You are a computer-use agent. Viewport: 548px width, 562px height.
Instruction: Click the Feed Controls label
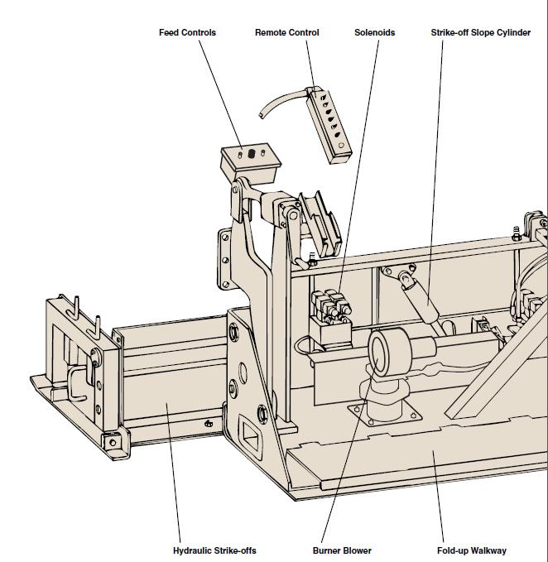tap(187, 33)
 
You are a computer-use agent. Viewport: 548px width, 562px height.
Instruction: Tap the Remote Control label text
tap(286, 33)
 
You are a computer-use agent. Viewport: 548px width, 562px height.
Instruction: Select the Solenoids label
tap(374, 33)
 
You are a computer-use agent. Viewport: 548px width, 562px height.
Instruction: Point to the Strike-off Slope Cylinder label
tap(480, 33)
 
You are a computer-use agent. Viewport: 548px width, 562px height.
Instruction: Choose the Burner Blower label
tap(342, 550)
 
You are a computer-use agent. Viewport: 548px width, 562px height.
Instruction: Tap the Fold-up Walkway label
tap(472, 550)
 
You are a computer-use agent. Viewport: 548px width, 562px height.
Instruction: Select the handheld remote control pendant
tap(330, 122)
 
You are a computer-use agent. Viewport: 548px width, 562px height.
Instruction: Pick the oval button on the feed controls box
tap(250, 154)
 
